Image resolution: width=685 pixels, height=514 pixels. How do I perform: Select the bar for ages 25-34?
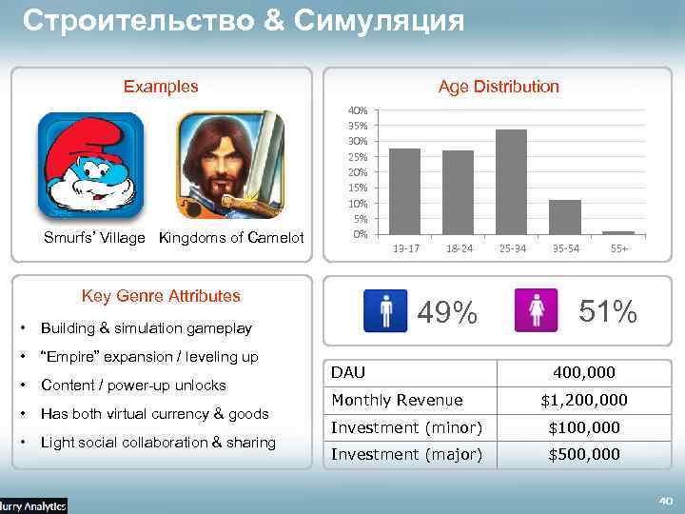point(511,181)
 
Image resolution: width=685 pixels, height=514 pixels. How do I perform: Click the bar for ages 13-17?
point(404,190)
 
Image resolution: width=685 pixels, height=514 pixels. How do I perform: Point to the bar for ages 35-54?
point(565,216)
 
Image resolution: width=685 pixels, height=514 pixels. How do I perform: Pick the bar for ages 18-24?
point(458,191)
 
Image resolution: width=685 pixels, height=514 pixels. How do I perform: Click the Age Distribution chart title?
point(499,87)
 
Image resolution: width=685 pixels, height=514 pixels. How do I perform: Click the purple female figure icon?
point(536,310)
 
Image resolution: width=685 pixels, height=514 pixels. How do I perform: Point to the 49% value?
point(448,311)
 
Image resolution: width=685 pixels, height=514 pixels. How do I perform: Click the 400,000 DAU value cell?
point(584,372)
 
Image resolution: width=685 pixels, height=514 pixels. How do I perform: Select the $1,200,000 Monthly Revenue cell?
point(584,400)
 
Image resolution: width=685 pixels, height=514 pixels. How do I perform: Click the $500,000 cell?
point(584,454)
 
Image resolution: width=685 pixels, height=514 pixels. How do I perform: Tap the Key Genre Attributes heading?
point(161,296)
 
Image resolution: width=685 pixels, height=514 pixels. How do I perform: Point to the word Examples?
point(161,87)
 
